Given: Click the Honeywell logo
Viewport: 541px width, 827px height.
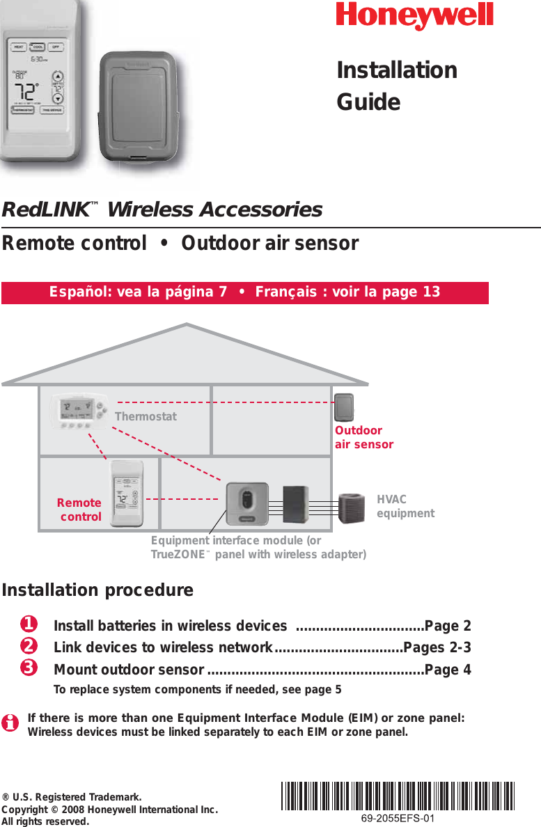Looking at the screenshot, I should coord(414,16).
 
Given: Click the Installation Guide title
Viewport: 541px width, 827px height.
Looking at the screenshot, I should coord(396,86).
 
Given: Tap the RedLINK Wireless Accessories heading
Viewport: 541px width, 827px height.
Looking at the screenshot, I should coord(162,210).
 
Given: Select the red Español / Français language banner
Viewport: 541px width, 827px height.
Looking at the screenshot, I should coord(244,292).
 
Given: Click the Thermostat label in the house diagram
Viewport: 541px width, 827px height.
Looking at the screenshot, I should coord(146,417).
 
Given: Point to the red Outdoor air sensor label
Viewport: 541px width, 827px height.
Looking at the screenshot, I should coord(363,438).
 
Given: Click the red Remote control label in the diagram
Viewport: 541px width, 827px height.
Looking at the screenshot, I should coord(79,510).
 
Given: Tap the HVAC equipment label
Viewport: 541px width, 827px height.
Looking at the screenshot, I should coord(405,506).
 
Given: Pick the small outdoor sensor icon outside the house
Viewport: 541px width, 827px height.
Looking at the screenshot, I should coord(345,408).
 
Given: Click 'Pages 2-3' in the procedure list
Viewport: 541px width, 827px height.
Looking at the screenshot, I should coord(437,647).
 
